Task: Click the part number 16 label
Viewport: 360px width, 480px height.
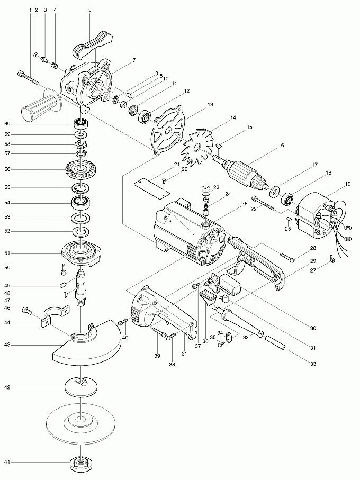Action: pos(281,145)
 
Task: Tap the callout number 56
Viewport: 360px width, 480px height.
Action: pos(7,169)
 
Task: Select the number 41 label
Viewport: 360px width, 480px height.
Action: pos(7,462)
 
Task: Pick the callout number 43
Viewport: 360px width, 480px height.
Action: pos(7,345)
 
